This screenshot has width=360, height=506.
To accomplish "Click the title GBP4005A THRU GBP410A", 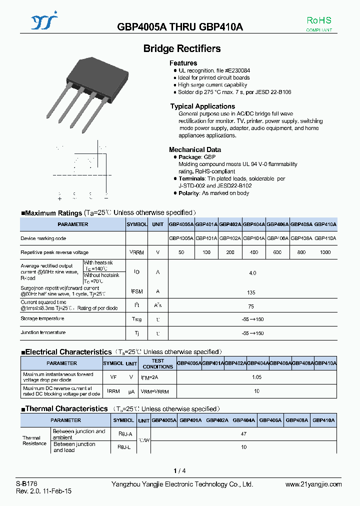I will click(180, 27).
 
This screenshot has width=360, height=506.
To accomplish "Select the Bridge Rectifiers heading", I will click(181, 48).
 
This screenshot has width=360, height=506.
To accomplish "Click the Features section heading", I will click(183, 63).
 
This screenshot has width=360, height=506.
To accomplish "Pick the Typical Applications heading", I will click(202, 106).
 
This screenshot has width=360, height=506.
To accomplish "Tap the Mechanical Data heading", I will click(195, 149).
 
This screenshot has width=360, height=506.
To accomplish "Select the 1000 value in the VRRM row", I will click(325, 252).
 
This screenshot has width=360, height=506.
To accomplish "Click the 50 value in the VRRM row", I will click(181, 252).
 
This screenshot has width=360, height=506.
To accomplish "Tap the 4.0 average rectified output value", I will click(252, 273).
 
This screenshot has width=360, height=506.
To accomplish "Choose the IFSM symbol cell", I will click(136, 291).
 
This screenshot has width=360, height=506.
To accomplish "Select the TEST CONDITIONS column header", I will click(157, 363).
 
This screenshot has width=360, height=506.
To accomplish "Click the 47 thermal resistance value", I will click(243, 434).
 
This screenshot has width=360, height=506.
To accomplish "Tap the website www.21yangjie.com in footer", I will click(313, 484).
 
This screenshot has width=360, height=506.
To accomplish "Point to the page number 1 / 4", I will click(179, 470).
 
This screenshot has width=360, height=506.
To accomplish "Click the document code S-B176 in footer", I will click(26, 484).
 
